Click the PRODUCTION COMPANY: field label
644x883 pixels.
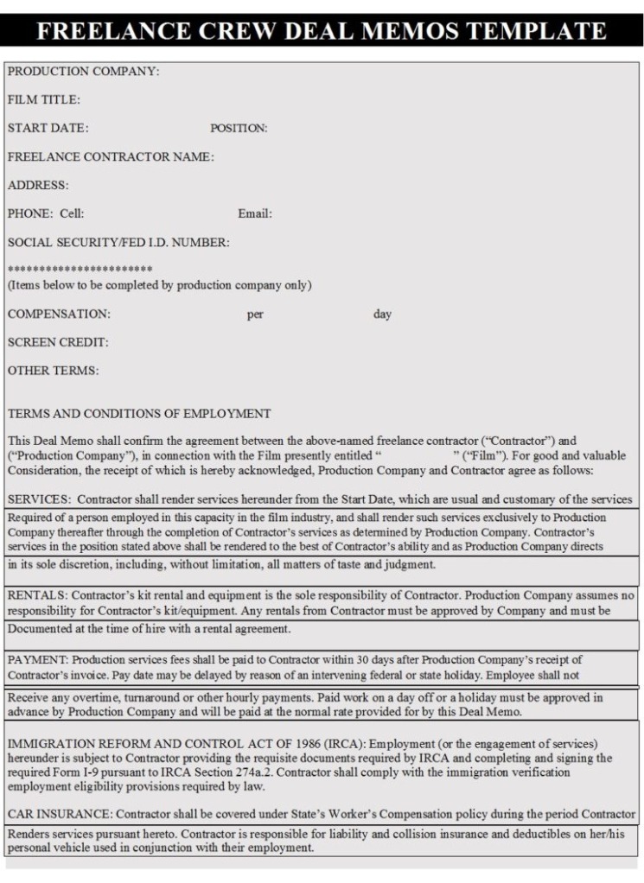click(83, 71)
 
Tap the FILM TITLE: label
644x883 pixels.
click(44, 99)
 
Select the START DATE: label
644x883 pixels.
click(48, 128)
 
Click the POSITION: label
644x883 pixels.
click(239, 128)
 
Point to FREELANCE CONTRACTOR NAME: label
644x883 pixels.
click(111, 156)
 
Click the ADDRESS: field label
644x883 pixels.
click(38, 185)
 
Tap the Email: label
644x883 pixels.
click(255, 213)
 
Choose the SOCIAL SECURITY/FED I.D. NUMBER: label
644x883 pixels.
click(118, 242)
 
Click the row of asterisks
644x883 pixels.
click(80, 270)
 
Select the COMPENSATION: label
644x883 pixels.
click(59, 314)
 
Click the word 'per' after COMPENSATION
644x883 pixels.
click(255, 314)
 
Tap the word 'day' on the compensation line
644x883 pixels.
click(382, 314)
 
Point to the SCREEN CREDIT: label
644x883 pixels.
click(58, 342)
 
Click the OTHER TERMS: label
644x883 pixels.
click(53, 371)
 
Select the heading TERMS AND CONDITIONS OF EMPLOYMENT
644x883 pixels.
click(139, 413)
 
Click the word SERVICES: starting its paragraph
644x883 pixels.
click(35, 500)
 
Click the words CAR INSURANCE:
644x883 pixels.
click(60, 814)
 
